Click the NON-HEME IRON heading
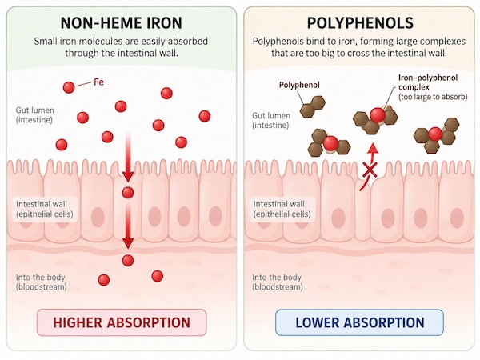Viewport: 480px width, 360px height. (x=122, y=23)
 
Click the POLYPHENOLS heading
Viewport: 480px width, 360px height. (x=360, y=23)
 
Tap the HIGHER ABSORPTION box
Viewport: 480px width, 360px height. (x=122, y=322)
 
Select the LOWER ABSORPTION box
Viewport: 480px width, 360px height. (x=359, y=322)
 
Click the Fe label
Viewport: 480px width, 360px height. (x=98, y=82)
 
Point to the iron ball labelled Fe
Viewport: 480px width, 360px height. (x=69, y=87)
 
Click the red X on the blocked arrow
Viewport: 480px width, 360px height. (x=370, y=170)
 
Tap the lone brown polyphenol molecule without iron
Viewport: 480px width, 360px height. (x=312, y=107)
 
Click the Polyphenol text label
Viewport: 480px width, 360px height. (x=299, y=85)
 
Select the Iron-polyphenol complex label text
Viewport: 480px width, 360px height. (x=433, y=87)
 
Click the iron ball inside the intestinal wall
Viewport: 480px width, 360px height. (x=128, y=193)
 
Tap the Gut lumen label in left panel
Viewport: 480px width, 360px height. (x=34, y=114)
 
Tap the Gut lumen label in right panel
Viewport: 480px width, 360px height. (x=271, y=120)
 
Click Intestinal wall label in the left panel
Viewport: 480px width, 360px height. (x=44, y=209)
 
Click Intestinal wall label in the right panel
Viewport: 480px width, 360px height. (x=282, y=209)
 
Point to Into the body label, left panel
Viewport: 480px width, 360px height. (x=41, y=282)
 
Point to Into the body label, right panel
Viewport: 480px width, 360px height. (x=277, y=282)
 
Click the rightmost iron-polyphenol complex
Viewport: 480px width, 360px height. (x=436, y=135)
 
